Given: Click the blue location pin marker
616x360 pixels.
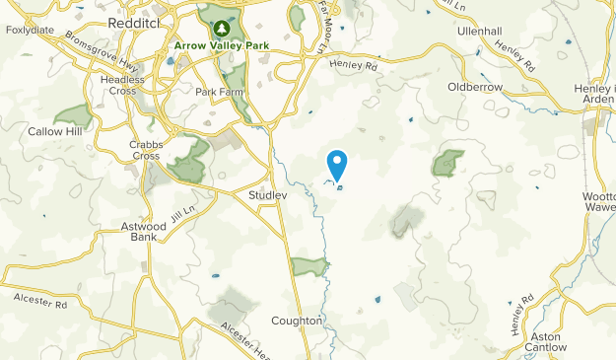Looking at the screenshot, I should [337, 165].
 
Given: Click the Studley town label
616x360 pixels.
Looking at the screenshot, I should [267, 195].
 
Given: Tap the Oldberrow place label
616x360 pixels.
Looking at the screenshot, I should [476, 87].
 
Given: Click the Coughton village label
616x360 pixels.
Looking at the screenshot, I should [297, 321].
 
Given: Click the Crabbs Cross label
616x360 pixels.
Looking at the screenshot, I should [144, 149].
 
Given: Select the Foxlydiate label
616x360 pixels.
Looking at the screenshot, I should [29, 30].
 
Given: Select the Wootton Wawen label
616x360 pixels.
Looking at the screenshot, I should [597, 201].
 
